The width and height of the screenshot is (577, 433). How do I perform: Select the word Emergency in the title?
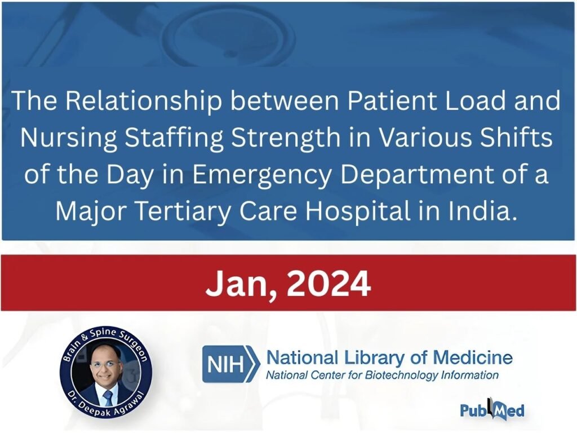pos(262,175)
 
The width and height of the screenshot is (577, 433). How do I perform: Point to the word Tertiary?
pos(183,212)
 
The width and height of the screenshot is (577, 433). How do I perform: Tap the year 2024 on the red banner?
pos(329,284)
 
